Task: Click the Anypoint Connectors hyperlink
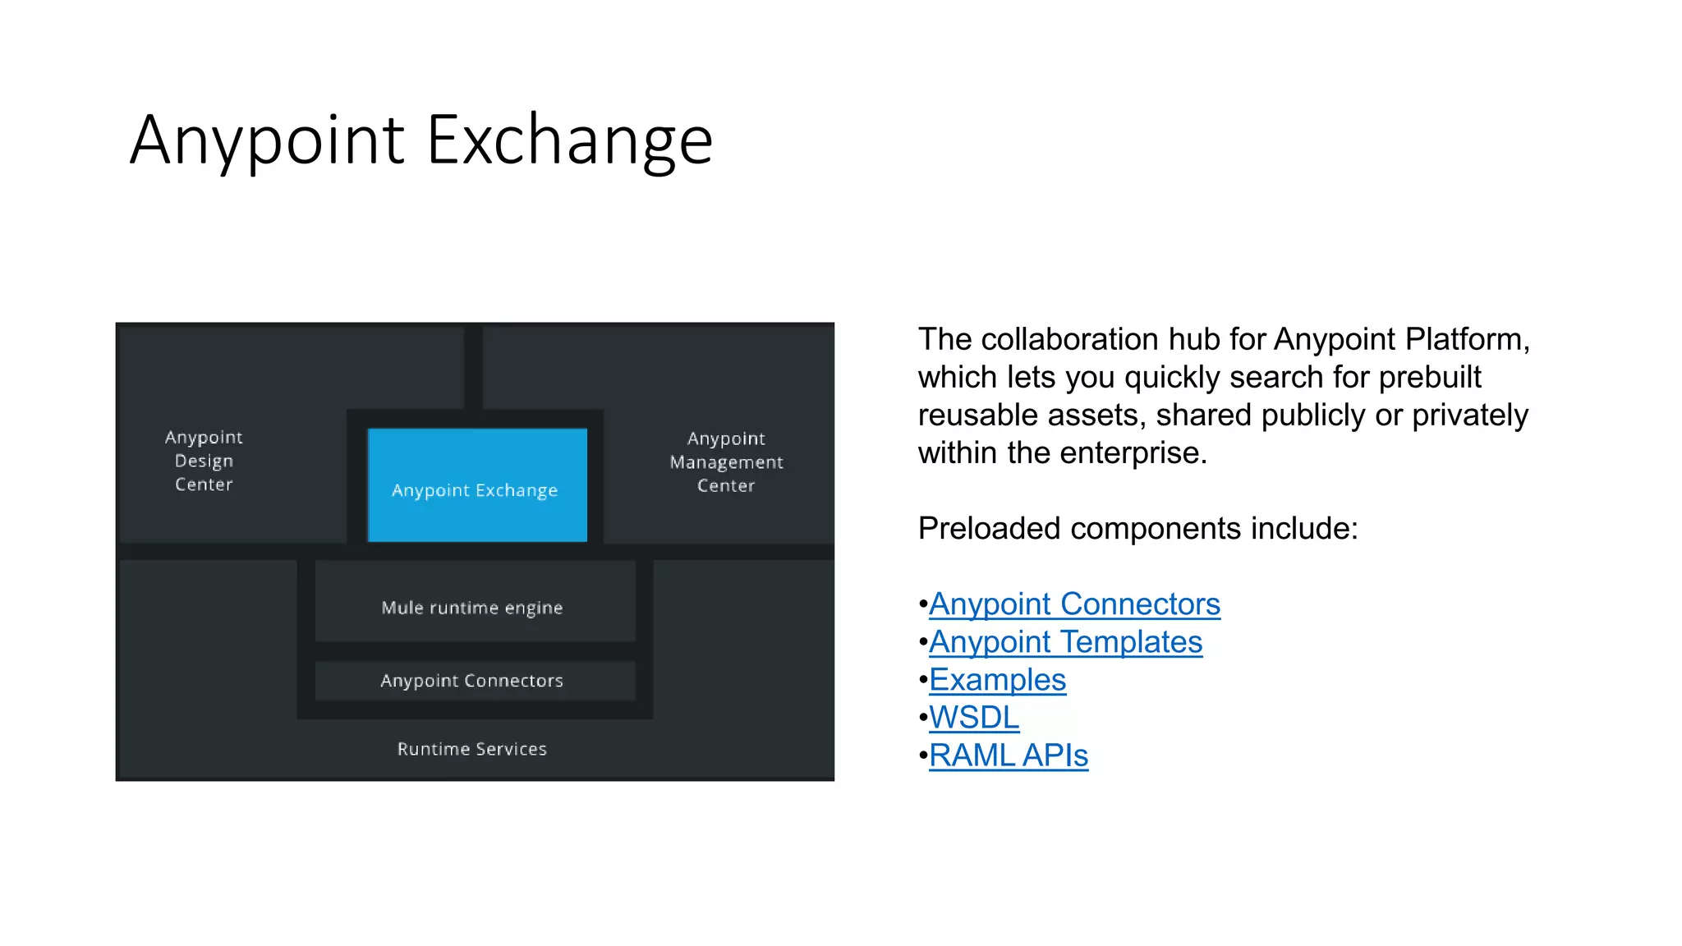tap(1074, 604)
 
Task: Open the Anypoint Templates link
tap(1065, 642)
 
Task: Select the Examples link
tap(997, 680)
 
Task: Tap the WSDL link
tap(974, 718)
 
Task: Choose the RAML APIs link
tap(1009, 755)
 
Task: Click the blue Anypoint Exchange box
tap(477, 485)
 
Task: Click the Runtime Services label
tap(472, 749)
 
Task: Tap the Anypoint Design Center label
tap(204, 461)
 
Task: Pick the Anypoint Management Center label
tap(726, 462)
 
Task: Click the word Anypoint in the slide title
tap(267, 140)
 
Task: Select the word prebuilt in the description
tap(1430, 377)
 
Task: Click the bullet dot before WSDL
tap(923, 719)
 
